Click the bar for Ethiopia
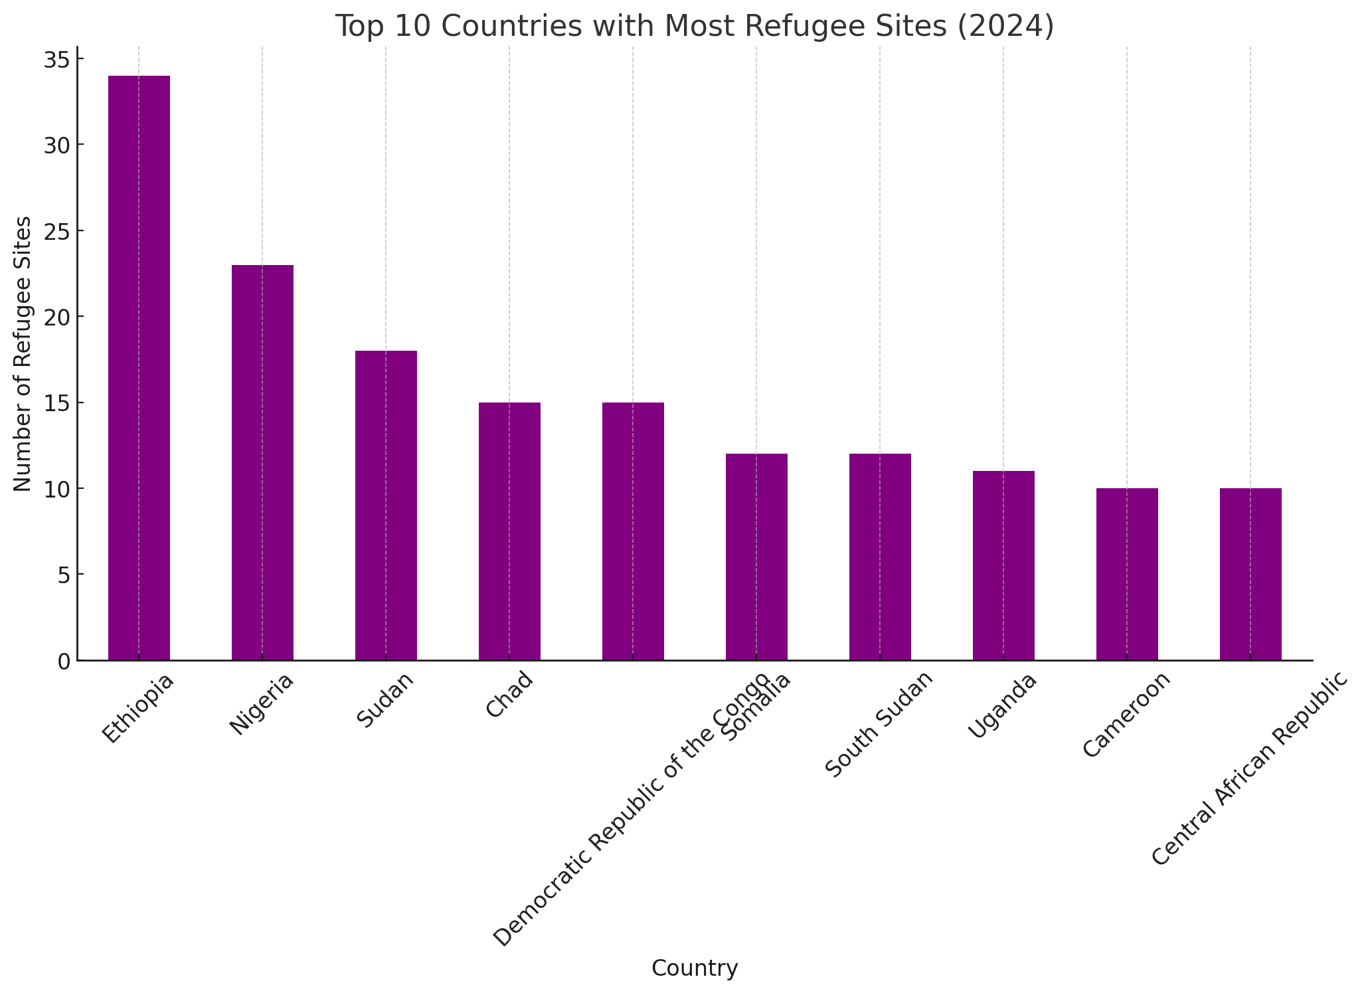point(139,368)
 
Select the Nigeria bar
point(262,462)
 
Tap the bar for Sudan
point(386,505)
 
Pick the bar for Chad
point(509,531)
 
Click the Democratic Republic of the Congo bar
point(633,531)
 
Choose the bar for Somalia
point(756,557)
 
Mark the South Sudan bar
point(880,557)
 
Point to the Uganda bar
point(1003,565)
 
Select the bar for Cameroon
point(1127,574)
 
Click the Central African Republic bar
point(1250,574)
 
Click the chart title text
point(694,27)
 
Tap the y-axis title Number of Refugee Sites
point(23,353)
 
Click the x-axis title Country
point(694,968)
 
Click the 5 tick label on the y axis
point(64,575)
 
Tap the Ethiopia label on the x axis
point(137,709)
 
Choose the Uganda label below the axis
point(1001,706)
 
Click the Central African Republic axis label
point(1250,768)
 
